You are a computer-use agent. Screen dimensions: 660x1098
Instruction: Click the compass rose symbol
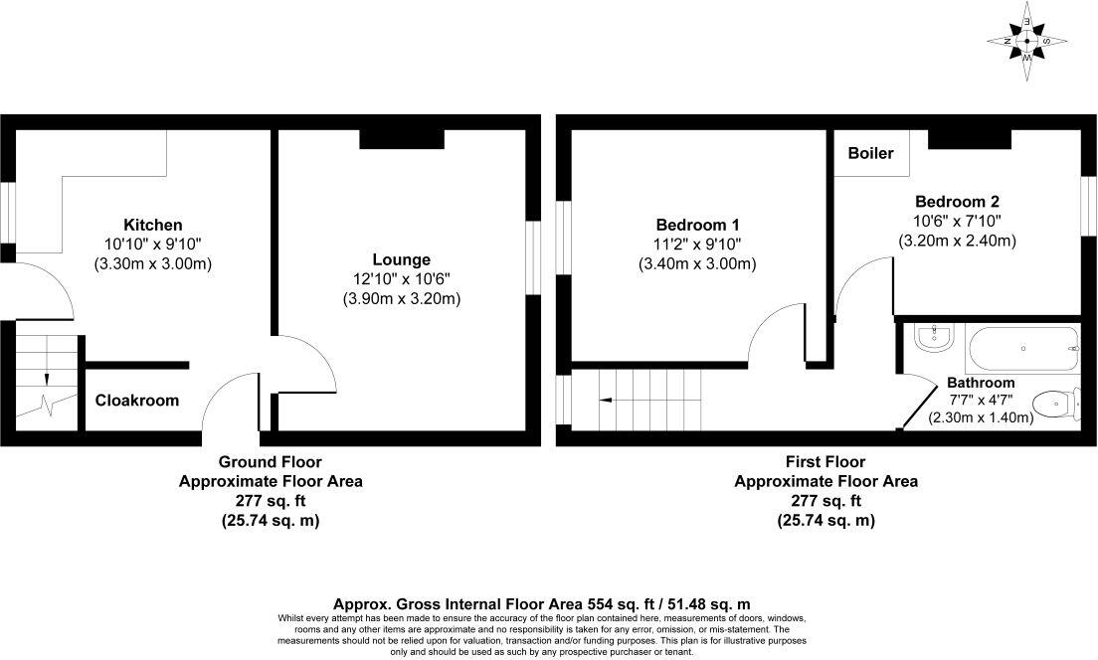click(1027, 42)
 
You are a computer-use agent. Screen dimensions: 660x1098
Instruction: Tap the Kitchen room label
click(152, 225)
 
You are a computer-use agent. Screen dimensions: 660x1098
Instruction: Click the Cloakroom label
click(137, 401)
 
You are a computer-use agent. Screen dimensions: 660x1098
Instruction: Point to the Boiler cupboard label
click(870, 154)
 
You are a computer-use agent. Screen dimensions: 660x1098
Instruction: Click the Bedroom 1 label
click(697, 225)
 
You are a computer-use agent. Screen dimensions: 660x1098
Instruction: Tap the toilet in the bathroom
click(1055, 404)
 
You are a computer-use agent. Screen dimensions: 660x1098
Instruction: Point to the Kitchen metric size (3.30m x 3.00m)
click(152, 264)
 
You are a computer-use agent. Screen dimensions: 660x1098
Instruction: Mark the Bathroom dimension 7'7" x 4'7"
click(980, 401)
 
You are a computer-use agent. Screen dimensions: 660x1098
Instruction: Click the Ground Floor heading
click(270, 462)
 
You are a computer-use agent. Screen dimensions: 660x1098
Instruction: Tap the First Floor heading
click(825, 462)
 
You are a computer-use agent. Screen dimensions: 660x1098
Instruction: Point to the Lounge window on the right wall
click(533, 257)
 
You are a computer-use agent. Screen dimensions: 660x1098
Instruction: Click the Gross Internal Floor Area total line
click(542, 603)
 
